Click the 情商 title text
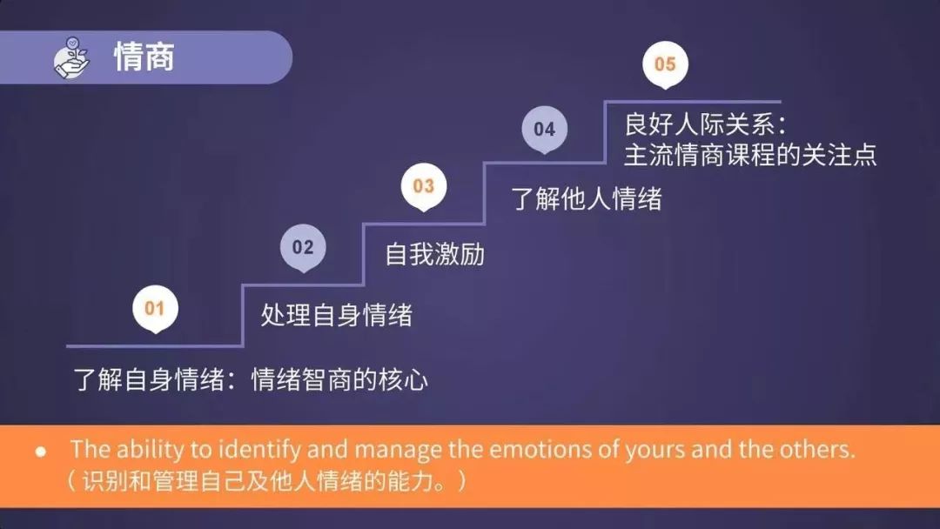click(x=144, y=57)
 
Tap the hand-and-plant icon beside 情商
click(x=72, y=57)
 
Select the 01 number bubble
click(x=154, y=308)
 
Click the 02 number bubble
click(x=302, y=247)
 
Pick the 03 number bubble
click(x=423, y=186)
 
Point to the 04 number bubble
click(x=544, y=129)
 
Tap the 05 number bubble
click(x=665, y=64)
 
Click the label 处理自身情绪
click(x=336, y=314)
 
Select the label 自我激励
click(x=434, y=254)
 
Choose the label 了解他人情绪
click(x=586, y=198)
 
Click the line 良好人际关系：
click(x=704, y=124)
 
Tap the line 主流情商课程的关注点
click(x=749, y=154)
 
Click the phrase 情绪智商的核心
click(x=339, y=380)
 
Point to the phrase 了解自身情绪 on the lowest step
click(x=148, y=380)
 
